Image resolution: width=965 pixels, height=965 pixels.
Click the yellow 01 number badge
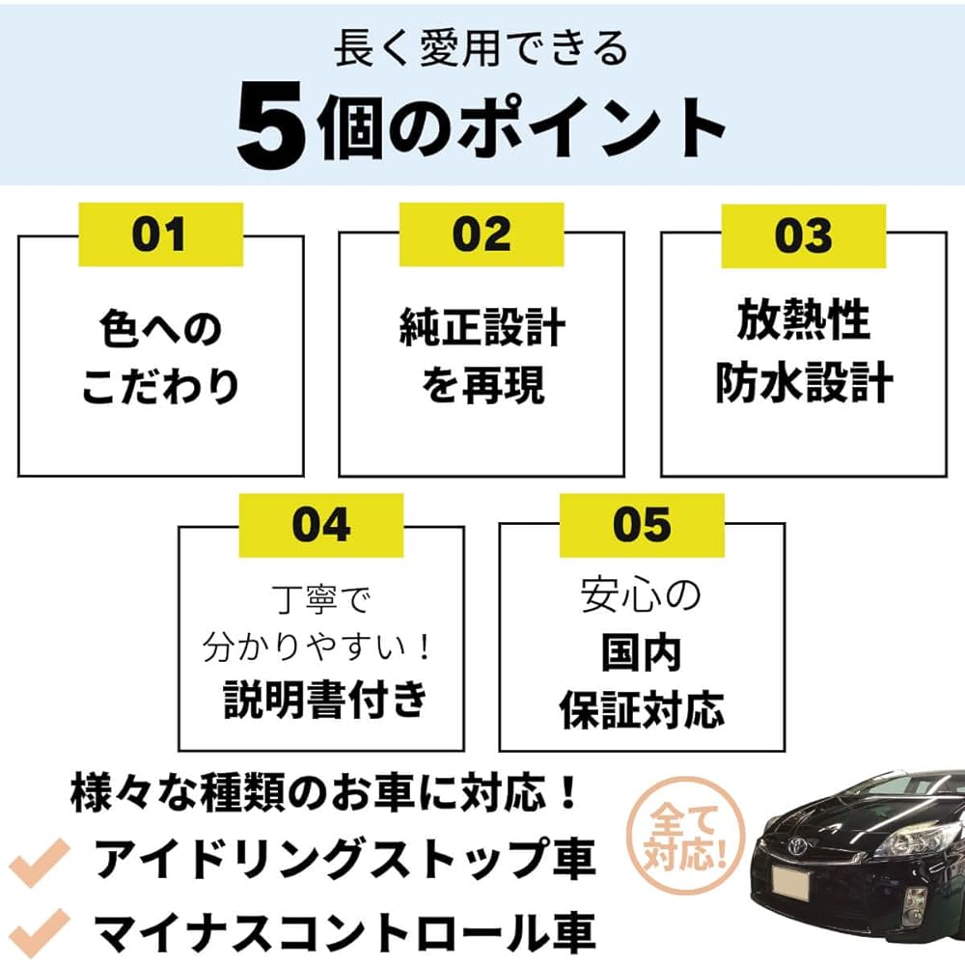tap(160, 234)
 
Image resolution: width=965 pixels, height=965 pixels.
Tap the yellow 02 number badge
tap(482, 234)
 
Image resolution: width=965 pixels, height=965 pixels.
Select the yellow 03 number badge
tap(803, 236)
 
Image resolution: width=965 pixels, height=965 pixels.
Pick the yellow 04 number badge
tap(321, 525)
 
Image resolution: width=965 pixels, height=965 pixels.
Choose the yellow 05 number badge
tap(642, 525)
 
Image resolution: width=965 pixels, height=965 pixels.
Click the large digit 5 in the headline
tap(271, 125)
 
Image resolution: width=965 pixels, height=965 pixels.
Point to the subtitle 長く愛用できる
tap(481, 48)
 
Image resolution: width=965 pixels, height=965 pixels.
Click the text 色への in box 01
tap(160, 329)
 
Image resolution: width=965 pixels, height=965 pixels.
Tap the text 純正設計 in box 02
tap(482, 327)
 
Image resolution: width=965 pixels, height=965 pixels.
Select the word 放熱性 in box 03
tap(803, 319)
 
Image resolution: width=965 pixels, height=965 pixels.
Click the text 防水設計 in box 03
tap(804, 382)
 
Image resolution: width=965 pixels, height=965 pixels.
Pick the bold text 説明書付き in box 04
tap(325, 700)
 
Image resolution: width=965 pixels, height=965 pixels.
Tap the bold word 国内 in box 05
tap(642, 653)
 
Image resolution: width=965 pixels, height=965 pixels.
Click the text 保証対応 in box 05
tap(642, 709)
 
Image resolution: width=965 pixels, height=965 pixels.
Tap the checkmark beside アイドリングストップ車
tap(39, 862)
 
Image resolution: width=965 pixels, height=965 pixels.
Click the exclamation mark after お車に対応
tap(569, 792)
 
